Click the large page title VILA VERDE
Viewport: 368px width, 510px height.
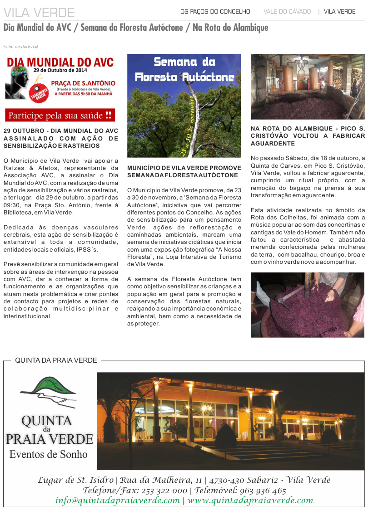[39, 12]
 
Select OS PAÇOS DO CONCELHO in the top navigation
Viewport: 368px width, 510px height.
[215, 11]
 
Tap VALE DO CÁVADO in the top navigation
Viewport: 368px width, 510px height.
[287, 11]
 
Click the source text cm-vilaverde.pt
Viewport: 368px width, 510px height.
[26, 47]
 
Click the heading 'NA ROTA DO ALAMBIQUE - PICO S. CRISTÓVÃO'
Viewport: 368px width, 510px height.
[308, 132]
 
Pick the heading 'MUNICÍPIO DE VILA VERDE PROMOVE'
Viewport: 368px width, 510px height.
[184, 168]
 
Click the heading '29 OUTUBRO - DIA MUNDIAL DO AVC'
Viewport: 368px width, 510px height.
[61, 131]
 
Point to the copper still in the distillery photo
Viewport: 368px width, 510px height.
[288, 77]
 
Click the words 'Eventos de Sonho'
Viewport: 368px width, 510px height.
[49, 454]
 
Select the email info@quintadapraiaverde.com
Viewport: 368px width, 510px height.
[118, 500]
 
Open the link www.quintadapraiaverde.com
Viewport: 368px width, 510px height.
[250, 500]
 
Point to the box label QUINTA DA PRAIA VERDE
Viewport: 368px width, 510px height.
[56, 360]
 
